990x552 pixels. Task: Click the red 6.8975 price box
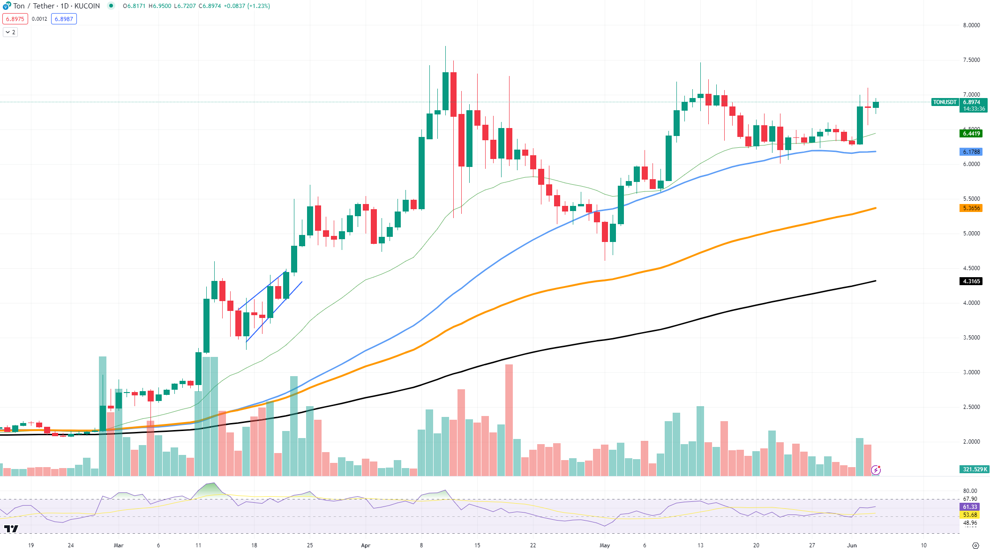[15, 19]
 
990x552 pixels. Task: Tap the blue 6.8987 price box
[64, 19]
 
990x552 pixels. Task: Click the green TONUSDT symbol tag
[945, 102]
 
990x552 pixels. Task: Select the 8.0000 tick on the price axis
[971, 25]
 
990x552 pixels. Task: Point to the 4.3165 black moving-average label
[971, 281]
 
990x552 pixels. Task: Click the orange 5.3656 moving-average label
[971, 208]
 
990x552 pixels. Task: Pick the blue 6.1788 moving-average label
[971, 152]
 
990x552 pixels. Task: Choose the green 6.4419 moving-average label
[971, 134]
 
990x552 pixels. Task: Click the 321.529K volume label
[975, 469]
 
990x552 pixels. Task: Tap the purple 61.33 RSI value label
[970, 507]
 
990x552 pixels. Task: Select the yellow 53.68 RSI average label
[970, 515]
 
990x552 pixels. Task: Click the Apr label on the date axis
[366, 545]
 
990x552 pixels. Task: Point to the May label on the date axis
[605, 545]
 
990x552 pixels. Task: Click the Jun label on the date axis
[852, 545]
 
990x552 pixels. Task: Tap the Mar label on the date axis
[119, 545]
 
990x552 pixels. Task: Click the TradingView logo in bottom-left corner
[11, 529]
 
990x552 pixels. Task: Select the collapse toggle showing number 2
[10, 32]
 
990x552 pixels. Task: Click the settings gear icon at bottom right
[975, 545]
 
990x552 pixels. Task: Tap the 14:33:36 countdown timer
[974, 109]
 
